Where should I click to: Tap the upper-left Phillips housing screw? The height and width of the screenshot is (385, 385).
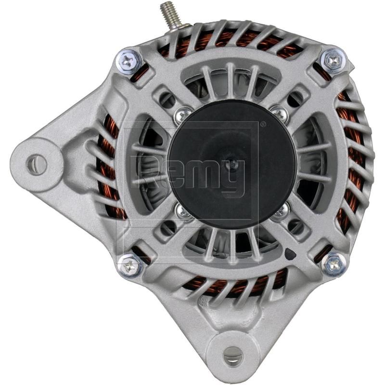tap(129, 61)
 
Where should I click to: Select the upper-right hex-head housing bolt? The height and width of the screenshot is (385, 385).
tap(333, 60)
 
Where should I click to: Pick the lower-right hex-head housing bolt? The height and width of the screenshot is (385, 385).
tap(334, 264)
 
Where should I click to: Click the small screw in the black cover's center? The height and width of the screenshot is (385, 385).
tap(233, 164)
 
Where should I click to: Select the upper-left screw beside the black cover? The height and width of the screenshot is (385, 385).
tap(183, 115)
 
